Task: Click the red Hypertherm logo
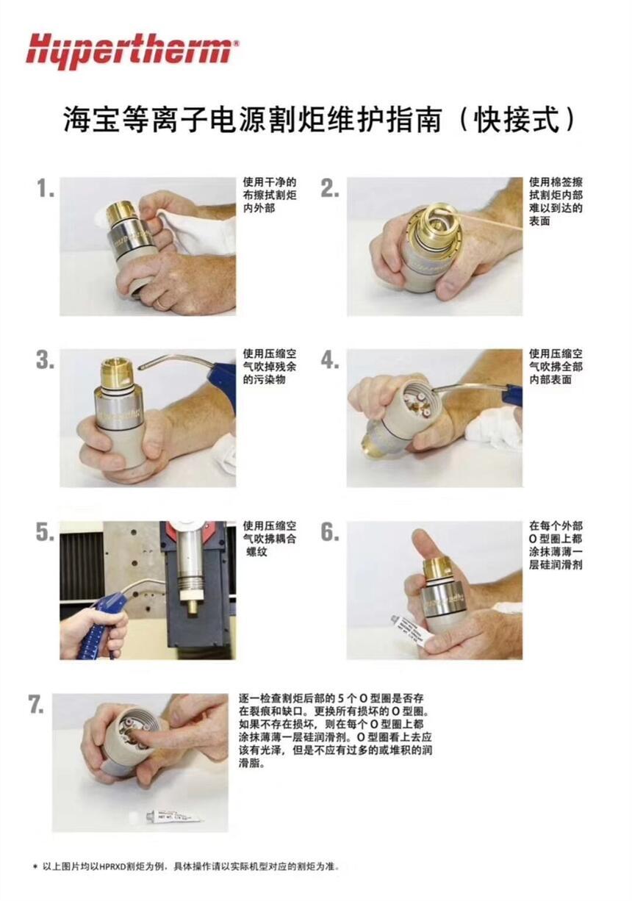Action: pos(132,51)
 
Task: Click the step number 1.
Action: pos(46,188)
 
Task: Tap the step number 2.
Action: pos(330,188)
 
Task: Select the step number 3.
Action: pos(46,359)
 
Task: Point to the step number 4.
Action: pos(330,359)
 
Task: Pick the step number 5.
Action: pos(46,532)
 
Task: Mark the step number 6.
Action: pos(330,532)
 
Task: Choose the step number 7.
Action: pos(36,704)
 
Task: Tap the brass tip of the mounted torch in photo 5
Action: pos(194,606)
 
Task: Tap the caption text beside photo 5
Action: pos(269,539)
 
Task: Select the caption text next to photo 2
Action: pos(556,201)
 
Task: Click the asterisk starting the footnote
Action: pos(35,866)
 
